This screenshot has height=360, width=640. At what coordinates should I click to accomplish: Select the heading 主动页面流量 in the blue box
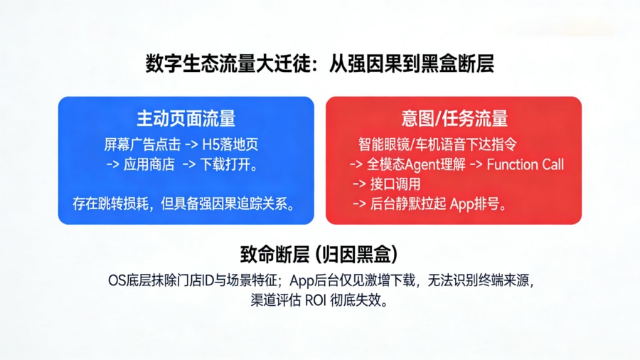[x=186, y=119]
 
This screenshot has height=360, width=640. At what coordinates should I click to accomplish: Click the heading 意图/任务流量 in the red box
[x=454, y=119]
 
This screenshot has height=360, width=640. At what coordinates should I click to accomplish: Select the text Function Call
[x=525, y=165]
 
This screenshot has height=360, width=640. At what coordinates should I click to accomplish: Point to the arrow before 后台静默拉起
[x=360, y=204]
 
